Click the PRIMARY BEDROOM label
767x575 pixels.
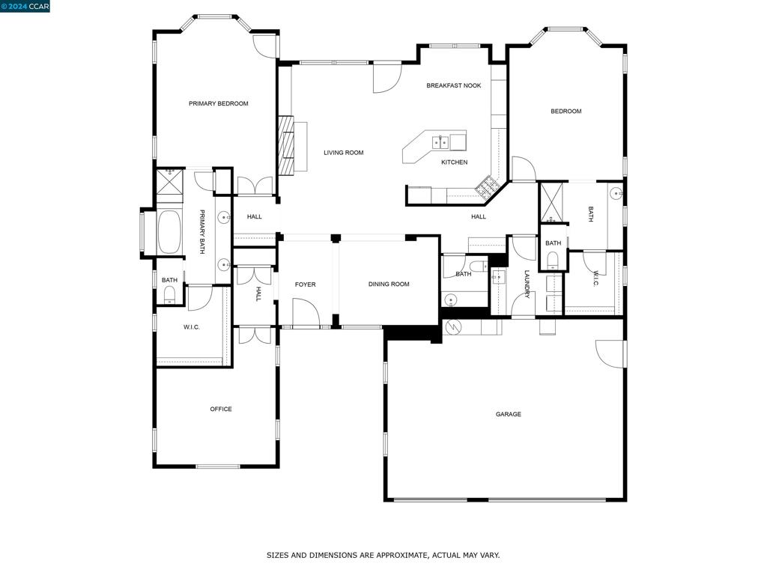click(x=218, y=103)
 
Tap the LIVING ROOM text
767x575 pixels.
click(x=343, y=153)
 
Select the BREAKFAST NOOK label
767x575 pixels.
click(x=453, y=85)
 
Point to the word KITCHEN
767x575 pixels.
click(x=454, y=162)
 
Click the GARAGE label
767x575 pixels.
click(x=508, y=414)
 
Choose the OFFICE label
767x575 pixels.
click(x=220, y=409)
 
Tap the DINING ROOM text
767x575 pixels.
click(x=389, y=284)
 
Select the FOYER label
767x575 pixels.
click(x=305, y=285)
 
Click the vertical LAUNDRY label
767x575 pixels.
click(x=527, y=285)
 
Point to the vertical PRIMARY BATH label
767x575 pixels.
click(x=201, y=232)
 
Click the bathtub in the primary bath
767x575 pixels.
click(x=169, y=232)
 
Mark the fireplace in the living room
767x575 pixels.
click(x=285, y=145)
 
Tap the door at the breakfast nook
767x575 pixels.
click(x=387, y=78)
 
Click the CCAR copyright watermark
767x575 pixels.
click(x=25, y=6)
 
